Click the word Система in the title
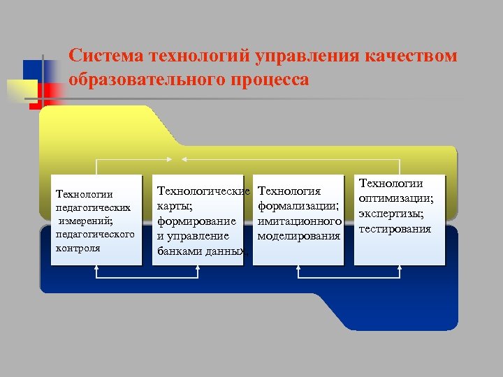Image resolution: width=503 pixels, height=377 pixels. point(105,55)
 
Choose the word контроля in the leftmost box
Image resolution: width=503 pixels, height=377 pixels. point(78,247)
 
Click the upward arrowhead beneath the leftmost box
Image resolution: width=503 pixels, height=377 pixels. point(96,272)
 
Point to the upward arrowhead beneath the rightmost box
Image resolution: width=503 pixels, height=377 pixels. point(399,272)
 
